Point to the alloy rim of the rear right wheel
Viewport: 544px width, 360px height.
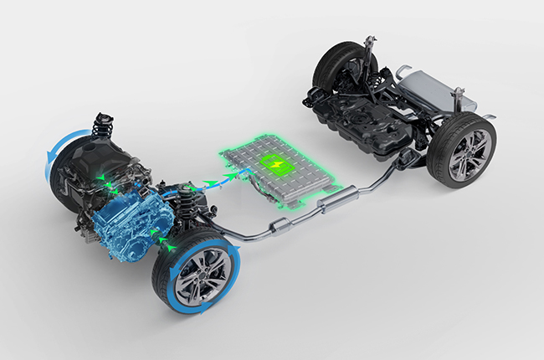pyautogui.click(x=463, y=156)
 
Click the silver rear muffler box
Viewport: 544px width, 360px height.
pyautogui.click(x=434, y=87)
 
